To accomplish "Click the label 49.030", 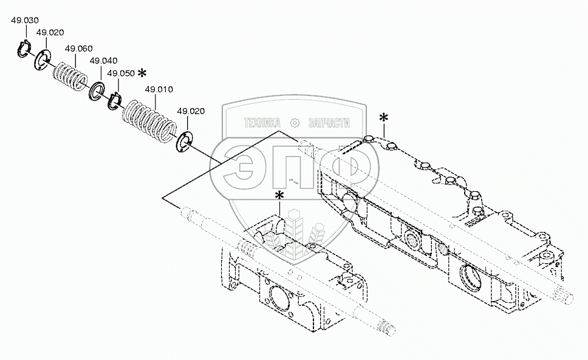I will point(24,20).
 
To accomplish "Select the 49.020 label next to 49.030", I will point(50,32).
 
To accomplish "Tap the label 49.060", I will point(78,48).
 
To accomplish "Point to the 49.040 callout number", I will point(103,61).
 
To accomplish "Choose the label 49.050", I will point(120,73).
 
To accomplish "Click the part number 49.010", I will point(159,89).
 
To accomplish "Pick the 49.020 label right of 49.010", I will point(190,111).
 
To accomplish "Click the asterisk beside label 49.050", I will point(142,73).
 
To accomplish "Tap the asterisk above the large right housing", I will point(383,118).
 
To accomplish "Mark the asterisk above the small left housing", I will point(279,195).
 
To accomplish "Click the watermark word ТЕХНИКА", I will point(262,123).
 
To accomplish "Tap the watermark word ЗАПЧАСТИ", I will point(330,123).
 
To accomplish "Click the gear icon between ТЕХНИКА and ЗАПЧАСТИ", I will point(296,123).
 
